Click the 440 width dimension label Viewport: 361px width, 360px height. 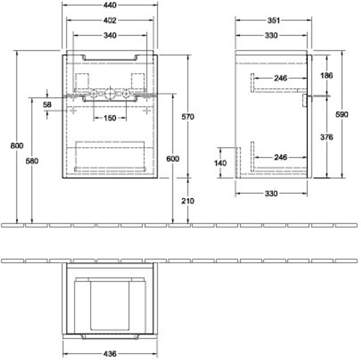[110, 5]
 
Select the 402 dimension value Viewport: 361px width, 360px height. [110, 20]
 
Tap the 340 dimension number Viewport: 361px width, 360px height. [110, 36]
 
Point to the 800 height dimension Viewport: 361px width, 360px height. [17, 146]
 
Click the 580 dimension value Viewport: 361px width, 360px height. [32, 161]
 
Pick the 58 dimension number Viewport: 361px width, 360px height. [47, 105]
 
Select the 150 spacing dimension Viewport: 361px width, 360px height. [110, 118]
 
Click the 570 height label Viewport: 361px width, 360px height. [188, 117]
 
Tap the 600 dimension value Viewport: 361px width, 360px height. [173, 158]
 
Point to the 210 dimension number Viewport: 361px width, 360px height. [188, 201]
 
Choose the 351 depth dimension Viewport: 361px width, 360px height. [274, 20]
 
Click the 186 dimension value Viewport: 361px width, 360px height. [326, 75]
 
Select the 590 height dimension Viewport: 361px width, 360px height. [342, 115]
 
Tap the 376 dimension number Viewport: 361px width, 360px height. [326, 137]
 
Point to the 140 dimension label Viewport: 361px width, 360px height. [220, 163]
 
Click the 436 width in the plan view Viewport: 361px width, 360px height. [110, 354]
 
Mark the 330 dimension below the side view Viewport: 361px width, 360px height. [271, 194]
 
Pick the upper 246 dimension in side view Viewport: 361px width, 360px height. [281, 78]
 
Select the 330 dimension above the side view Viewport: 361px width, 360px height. [271, 36]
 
